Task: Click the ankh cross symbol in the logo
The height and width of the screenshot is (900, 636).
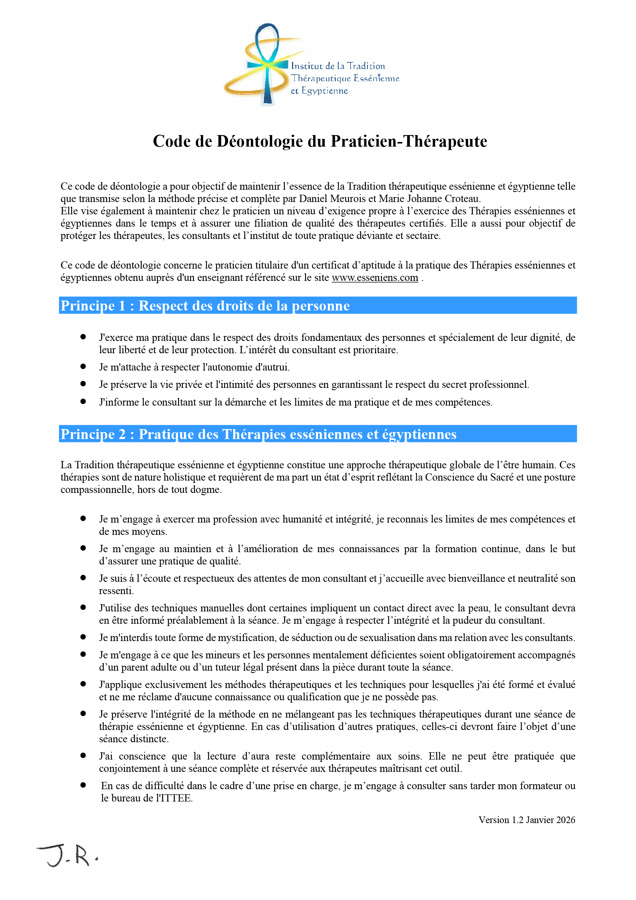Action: coord(268,65)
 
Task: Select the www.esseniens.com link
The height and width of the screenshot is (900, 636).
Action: coord(375,277)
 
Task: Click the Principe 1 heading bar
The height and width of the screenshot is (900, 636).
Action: coord(317,306)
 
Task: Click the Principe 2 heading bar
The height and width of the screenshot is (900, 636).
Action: coord(317,434)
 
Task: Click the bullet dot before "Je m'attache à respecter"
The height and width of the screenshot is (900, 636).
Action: coord(83,367)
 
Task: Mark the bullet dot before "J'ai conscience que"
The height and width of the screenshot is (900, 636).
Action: coord(83,755)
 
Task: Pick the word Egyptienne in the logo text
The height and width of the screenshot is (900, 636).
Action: coord(324,91)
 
